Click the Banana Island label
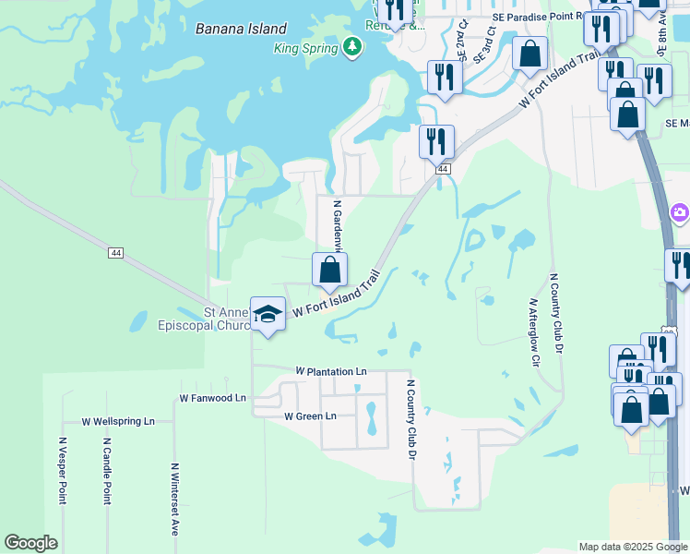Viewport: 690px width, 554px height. pos(241,29)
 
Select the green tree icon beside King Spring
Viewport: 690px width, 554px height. pos(351,46)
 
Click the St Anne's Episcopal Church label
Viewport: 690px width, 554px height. pos(210,319)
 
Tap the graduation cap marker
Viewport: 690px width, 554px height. pos(268,316)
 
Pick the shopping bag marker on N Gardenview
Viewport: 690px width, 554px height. pos(330,271)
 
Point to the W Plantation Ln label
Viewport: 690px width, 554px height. pos(331,371)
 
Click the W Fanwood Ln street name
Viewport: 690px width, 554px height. pos(213,398)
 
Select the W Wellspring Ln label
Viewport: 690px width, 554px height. pos(118,422)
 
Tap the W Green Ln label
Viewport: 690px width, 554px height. pos(311,416)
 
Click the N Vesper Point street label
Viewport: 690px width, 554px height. pos(63,471)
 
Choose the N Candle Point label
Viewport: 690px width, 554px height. pos(107,471)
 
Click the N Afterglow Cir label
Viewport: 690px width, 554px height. pos(533,331)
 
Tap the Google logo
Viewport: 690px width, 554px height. pos(30,543)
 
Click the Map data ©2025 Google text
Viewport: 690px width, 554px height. pos(632,547)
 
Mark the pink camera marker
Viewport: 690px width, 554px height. pos(680,213)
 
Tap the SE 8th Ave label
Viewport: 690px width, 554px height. pos(662,37)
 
